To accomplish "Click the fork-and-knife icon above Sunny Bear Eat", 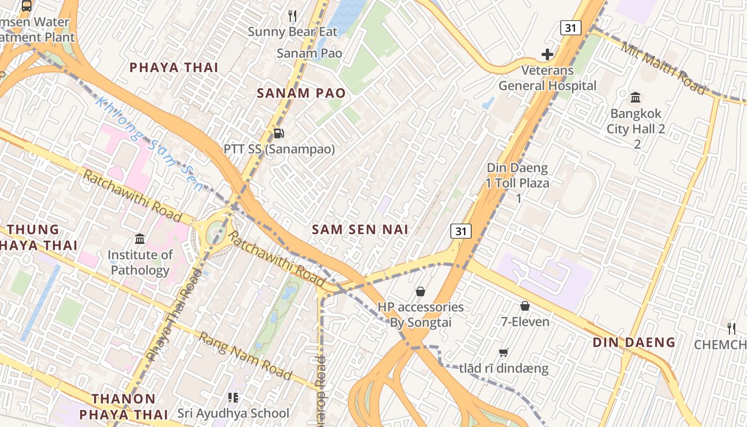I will (x=292, y=16).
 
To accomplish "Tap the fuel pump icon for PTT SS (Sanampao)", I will (x=278, y=133).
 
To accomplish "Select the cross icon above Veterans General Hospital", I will (x=547, y=54).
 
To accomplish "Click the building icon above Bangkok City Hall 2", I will (x=635, y=97).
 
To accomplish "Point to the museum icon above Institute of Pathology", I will (x=140, y=239).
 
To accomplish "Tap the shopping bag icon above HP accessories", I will (x=420, y=291).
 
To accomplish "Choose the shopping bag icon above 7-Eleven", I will (x=525, y=306).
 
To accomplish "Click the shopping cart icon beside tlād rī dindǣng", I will (x=503, y=353).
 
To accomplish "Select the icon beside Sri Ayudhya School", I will (x=233, y=397).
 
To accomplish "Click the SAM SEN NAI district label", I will (x=360, y=230).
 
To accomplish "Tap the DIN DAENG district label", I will (x=634, y=342).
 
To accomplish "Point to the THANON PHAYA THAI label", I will (x=123, y=406).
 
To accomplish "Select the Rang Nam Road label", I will (x=245, y=356).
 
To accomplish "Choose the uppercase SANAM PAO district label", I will (x=301, y=93).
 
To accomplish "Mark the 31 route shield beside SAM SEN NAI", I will (x=461, y=231).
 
